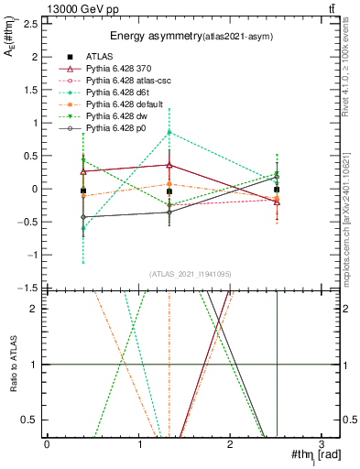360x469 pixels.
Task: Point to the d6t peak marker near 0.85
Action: [x=169, y=132]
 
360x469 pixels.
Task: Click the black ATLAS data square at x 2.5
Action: [x=277, y=190]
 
